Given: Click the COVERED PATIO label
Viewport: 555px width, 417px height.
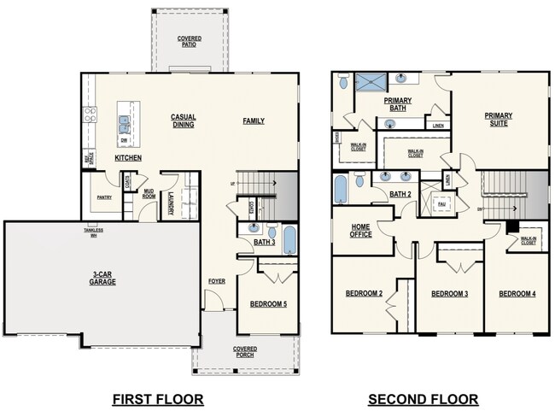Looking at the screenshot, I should point(189,41).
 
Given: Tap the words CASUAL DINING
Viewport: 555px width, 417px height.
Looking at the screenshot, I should point(183,121).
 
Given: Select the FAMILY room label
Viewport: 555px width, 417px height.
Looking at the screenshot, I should point(253,121).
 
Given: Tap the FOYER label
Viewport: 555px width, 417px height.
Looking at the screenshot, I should point(217,281).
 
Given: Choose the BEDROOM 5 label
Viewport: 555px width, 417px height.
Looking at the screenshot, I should point(268,303).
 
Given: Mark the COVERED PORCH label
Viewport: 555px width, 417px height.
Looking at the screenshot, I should point(245,352).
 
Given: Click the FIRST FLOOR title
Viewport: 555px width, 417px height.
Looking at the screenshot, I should point(158,399).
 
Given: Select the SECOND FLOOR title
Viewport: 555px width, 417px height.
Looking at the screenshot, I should point(422,399).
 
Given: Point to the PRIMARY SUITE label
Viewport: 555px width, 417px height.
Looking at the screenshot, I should point(498,120).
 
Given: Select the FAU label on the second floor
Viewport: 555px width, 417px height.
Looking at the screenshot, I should point(441,205).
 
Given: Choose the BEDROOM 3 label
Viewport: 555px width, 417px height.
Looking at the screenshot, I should point(449,294).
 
